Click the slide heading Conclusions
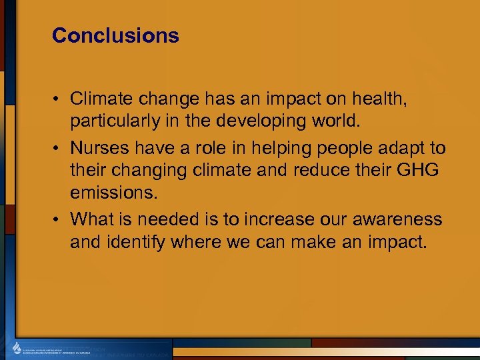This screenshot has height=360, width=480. pos(115,35)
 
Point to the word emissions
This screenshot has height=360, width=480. pos(111,194)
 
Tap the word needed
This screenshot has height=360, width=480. pos(172,218)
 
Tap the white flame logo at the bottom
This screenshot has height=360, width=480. pos(17,349)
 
